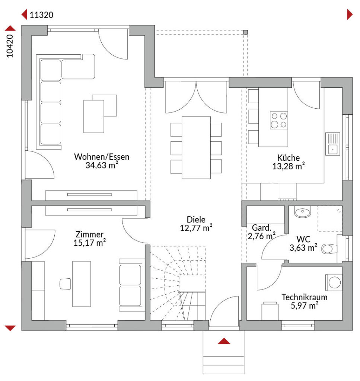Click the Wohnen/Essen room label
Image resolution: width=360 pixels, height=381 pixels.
tap(102, 157)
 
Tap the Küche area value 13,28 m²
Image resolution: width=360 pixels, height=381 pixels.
tap(289, 166)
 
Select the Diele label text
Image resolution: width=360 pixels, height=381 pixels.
tap(196, 220)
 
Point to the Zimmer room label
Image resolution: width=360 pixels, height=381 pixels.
tap(89, 234)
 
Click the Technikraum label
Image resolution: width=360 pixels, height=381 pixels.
tap(304, 297)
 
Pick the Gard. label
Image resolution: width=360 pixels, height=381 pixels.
tap(262, 228)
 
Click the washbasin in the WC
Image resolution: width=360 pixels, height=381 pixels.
tap(302, 212)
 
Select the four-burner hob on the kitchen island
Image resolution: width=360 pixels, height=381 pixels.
tap(279, 120)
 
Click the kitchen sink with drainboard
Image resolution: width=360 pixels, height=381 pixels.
tap(332, 144)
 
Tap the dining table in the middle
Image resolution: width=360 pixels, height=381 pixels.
tap(196, 147)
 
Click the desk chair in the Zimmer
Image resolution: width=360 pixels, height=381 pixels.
tap(65, 284)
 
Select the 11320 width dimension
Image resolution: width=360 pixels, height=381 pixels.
tap(41, 15)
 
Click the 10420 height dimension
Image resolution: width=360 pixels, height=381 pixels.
tap(9, 46)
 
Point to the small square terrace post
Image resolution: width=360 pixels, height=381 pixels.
tap(245, 32)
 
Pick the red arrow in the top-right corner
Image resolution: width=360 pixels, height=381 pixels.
tap(350, 15)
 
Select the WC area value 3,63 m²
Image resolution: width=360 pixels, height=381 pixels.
tap(303, 247)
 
